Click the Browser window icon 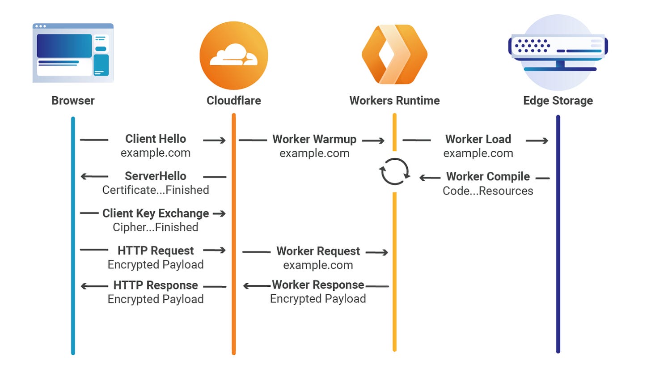[x=73, y=53]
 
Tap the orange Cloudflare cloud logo [x=233, y=55]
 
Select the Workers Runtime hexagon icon [x=394, y=54]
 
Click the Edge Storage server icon [x=558, y=52]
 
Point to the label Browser [x=73, y=100]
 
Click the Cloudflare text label [x=233, y=100]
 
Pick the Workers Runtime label [x=394, y=100]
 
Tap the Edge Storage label [x=558, y=100]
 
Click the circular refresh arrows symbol [x=394, y=172]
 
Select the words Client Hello [x=156, y=139]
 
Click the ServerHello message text [x=156, y=176]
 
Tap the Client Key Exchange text [x=156, y=213]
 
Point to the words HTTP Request [x=156, y=251]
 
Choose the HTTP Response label [x=156, y=285]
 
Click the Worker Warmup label [x=314, y=139]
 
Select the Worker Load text [x=478, y=139]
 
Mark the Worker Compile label [x=488, y=177]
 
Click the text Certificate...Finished [x=156, y=190]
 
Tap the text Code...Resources [x=488, y=191]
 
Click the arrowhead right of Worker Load [x=544, y=140]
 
